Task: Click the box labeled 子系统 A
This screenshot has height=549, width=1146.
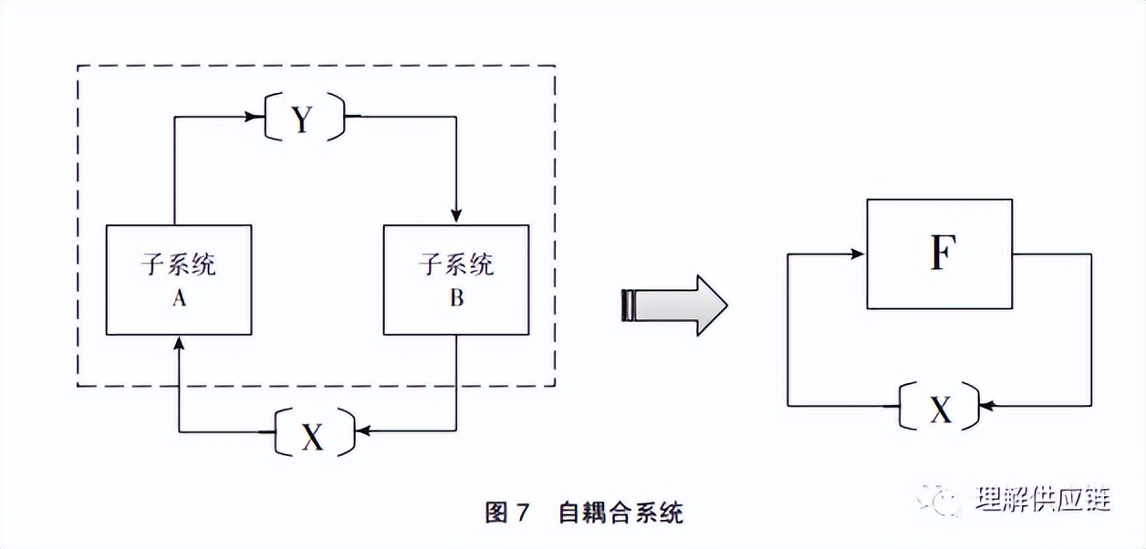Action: pos(179,279)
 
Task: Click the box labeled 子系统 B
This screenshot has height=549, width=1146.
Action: pos(456,279)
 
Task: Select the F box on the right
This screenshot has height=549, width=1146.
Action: pos(941,254)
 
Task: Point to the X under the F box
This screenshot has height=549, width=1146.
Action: pos(941,410)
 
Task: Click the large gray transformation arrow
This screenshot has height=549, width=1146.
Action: pos(675,305)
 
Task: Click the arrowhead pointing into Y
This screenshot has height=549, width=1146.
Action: pos(255,116)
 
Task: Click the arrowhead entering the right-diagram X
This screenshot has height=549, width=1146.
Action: pos(986,404)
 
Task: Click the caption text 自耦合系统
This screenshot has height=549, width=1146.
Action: pos(620,513)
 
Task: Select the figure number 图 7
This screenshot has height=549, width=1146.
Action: pos(507,513)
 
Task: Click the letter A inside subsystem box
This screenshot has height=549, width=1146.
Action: pos(179,297)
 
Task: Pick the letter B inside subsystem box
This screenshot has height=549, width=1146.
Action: pos(456,297)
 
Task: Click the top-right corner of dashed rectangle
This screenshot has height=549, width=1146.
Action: pos(555,66)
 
